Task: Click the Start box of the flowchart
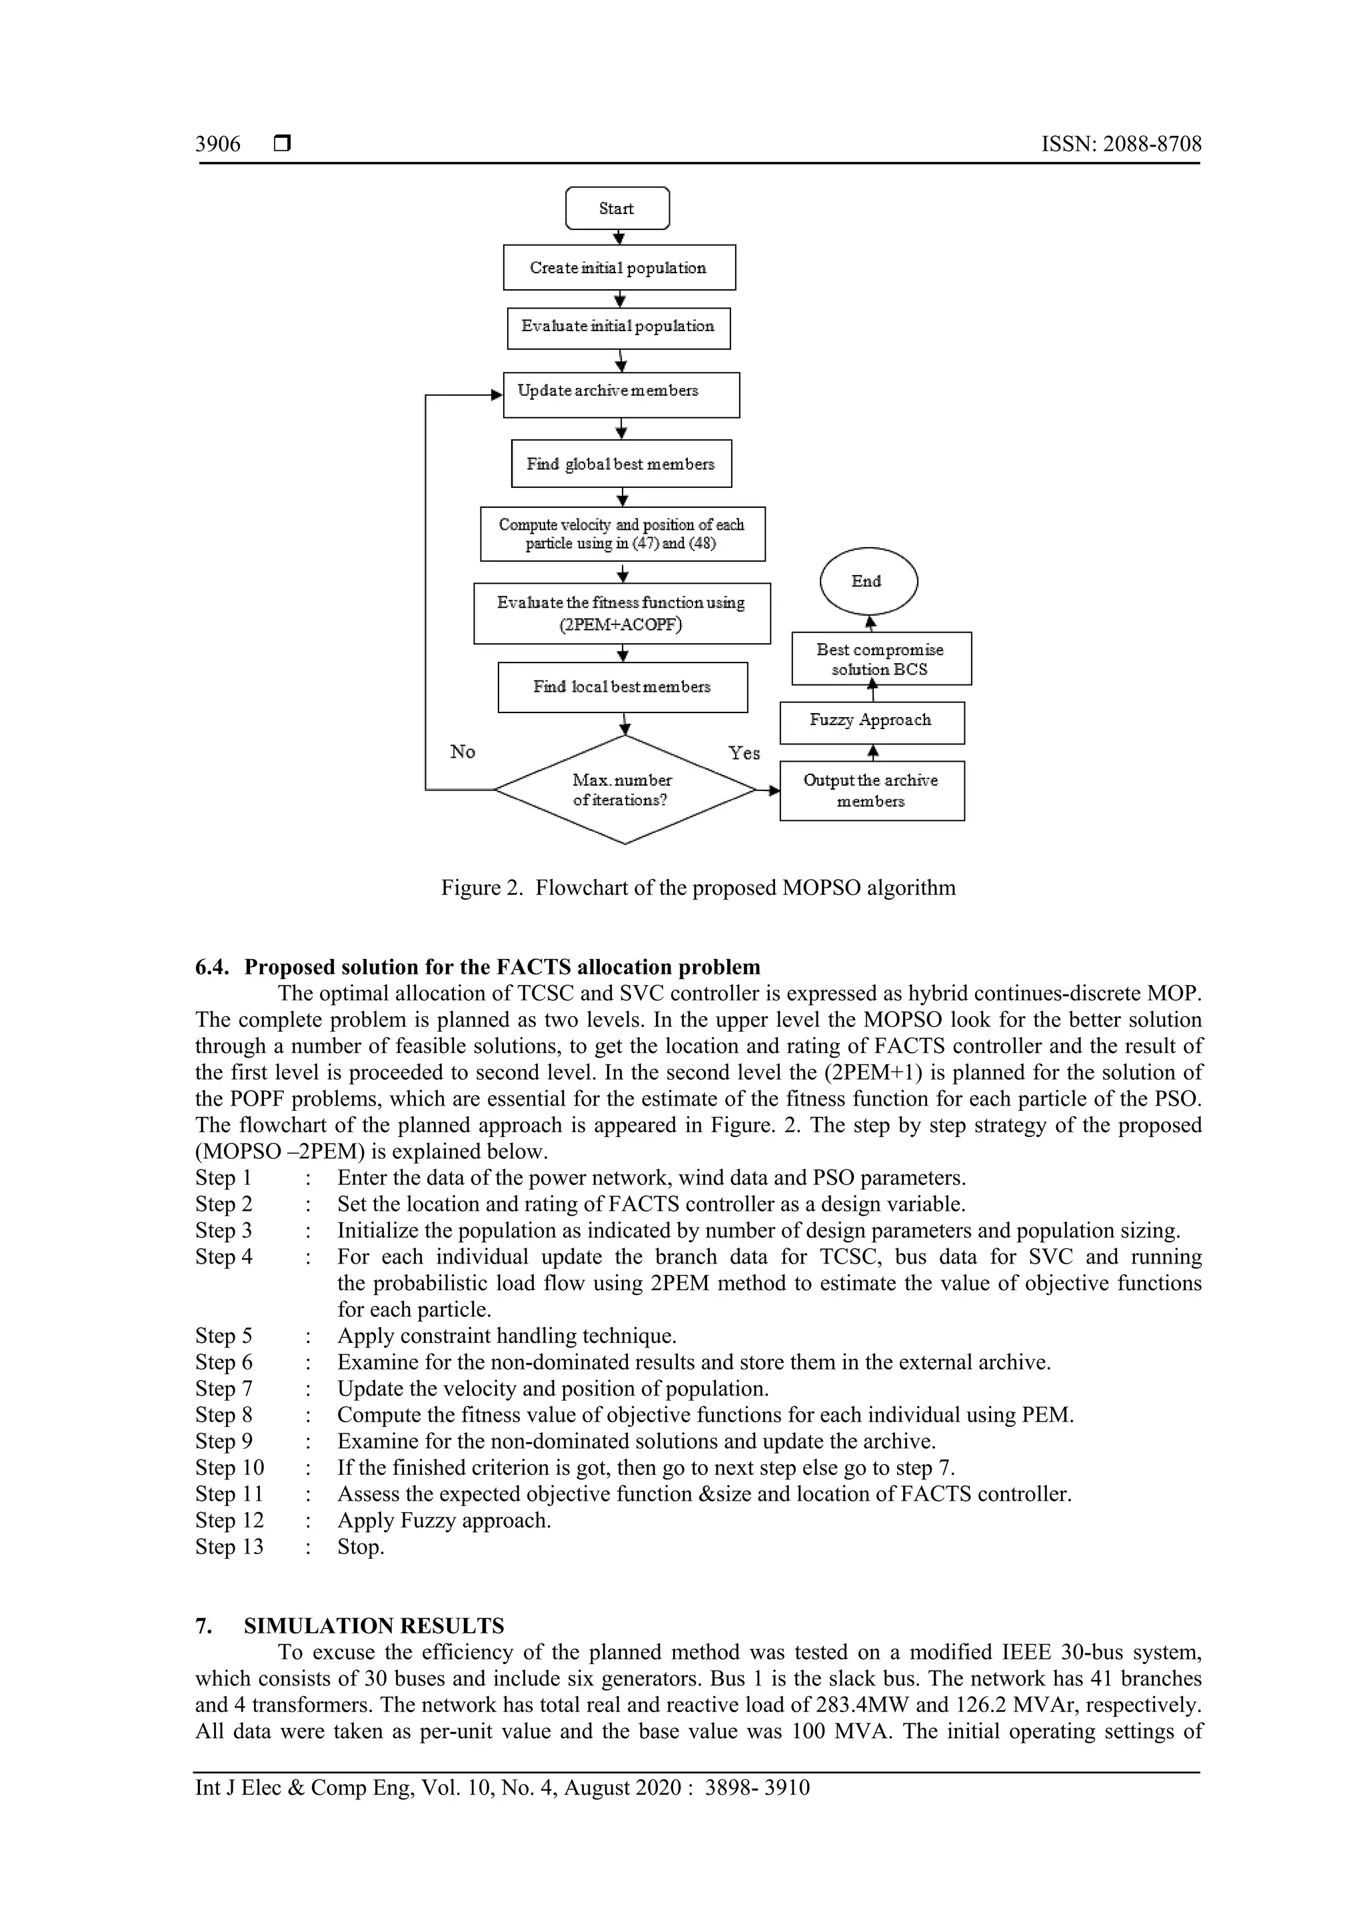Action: pos(617,209)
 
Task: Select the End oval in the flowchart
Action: pos(868,582)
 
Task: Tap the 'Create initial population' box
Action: pos(619,268)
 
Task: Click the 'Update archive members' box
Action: pos(621,395)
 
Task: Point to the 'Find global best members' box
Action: pos(621,464)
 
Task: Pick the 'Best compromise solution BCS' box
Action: pos(881,659)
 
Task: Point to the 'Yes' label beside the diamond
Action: pos(744,753)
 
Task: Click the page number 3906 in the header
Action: pos(218,145)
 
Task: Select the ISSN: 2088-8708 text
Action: pos(1121,145)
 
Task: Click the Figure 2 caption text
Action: pos(698,888)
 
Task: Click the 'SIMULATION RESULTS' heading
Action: pos(374,1625)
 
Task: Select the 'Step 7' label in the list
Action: pos(223,1389)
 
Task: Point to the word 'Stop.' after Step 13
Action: pos(361,1547)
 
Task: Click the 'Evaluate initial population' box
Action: pos(618,327)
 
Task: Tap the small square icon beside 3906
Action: pos(283,145)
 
